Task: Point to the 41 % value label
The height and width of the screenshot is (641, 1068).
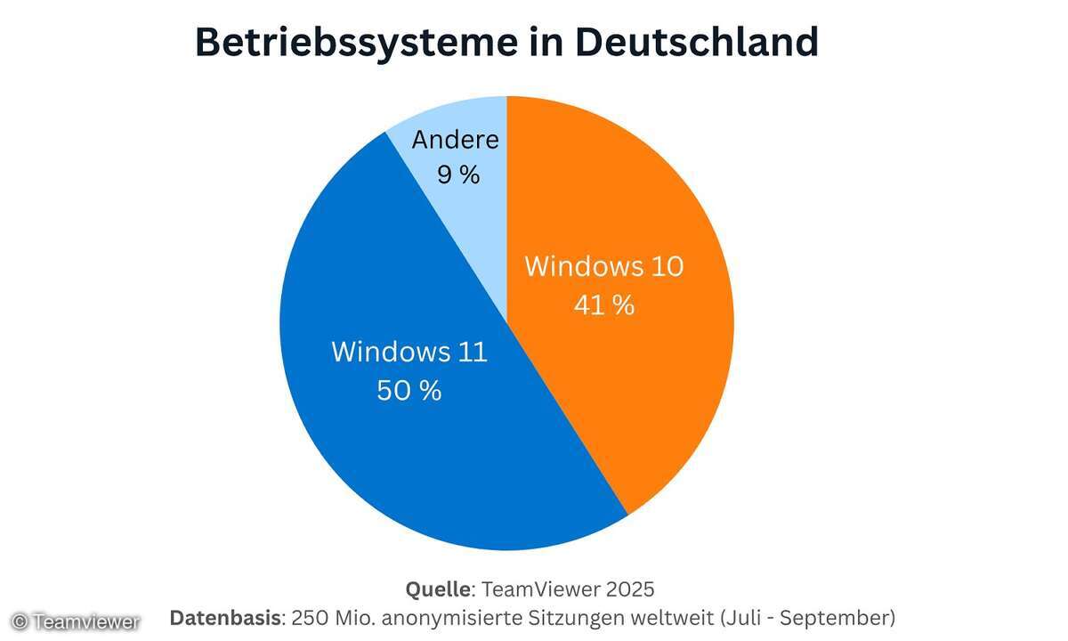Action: click(x=604, y=305)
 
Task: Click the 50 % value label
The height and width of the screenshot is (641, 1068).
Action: click(x=409, y=391)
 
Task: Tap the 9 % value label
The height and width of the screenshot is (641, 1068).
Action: click(x=458, y=174)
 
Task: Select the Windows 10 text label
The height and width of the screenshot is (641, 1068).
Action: click(x=604, y=266)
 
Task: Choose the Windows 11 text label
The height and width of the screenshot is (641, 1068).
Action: click(x=409, y=352)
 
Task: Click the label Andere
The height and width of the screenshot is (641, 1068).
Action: click(x=456, y=140)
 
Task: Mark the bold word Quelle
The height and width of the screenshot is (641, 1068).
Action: click(x=438, y=589)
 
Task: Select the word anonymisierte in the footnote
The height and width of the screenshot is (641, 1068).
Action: click(x=455, y=618)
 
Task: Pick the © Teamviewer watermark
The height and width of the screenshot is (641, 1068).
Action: click(x=75, y=621)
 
